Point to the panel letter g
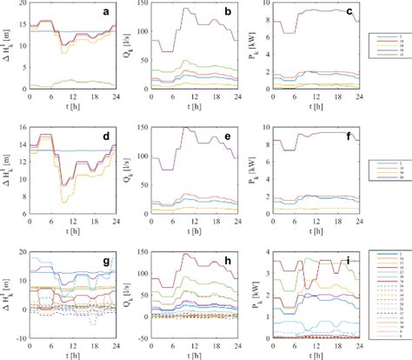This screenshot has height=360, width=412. tap(106, 258)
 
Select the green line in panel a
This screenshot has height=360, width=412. tap(70, 84)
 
